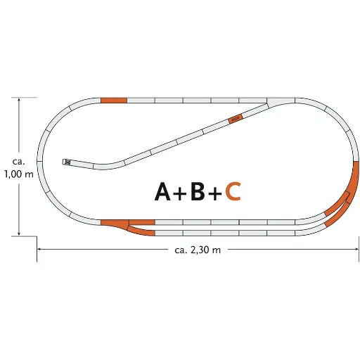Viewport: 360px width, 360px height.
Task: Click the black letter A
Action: coord(163,191)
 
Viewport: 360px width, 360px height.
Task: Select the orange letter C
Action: coord(233,191)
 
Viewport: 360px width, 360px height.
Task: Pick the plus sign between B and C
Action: coord(215,193)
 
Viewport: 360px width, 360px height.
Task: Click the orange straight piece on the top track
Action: coord(113,101)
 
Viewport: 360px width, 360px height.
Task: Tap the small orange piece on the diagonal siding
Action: coord(236,118)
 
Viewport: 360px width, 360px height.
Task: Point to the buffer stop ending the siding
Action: coord(67,162)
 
